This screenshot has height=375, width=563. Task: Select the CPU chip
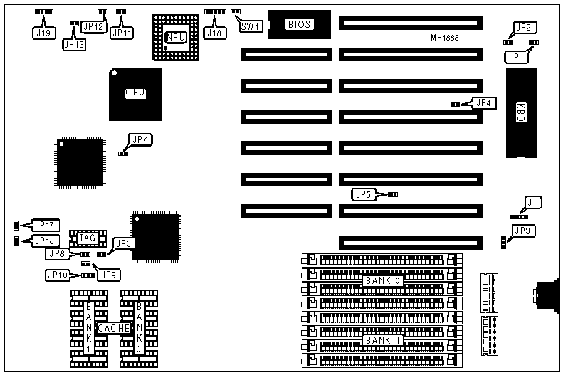click(135, 93)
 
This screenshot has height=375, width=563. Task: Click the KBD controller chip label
click(520, 112)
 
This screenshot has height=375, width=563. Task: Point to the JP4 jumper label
click(484, 103)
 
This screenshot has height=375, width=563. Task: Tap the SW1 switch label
click(251, 26)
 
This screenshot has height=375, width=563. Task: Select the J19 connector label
click(43, 33)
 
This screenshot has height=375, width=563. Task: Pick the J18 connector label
click(214, 32)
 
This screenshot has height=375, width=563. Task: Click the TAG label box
click(88, 238)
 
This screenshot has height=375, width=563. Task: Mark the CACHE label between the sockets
click(113, 328)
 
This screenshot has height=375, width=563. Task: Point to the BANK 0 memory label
click(383, 280)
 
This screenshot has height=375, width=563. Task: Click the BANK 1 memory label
click(383, 340)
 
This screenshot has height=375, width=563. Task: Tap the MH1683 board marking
click(444, 37)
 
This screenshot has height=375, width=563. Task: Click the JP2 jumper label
click(523, 28)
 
